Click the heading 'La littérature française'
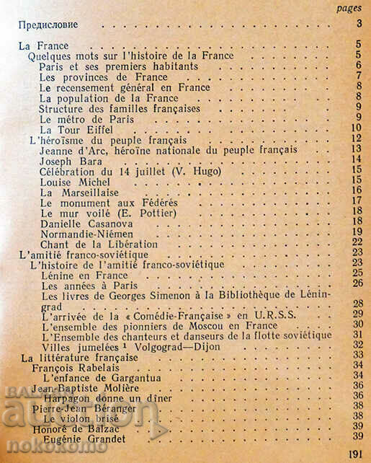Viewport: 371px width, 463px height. point(79,358)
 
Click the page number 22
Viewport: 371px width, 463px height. point(356,244)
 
